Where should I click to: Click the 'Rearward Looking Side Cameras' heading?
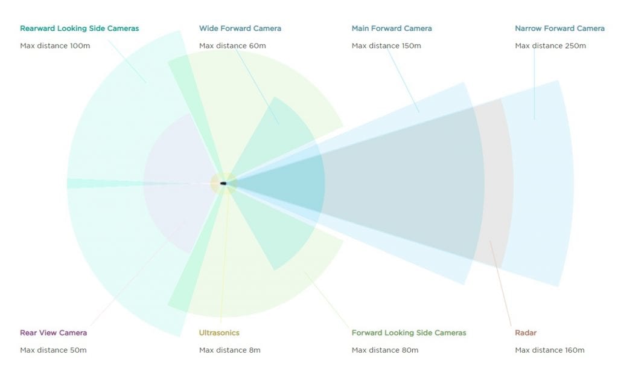[79, 28]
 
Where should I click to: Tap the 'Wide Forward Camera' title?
[240, 28]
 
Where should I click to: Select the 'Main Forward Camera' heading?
[392, 28]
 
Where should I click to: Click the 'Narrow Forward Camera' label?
[559, 28]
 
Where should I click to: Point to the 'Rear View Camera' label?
[54, 332]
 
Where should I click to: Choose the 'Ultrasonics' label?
[219, 332]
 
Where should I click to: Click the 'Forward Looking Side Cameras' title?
[409, 332]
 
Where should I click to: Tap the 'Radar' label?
[526, 332]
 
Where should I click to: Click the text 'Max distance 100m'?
[55, 46]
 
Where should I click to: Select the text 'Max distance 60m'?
[232, 46]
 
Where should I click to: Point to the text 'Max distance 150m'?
[386, 46]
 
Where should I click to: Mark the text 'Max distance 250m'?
[550, 46]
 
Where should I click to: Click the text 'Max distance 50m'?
[53, 350]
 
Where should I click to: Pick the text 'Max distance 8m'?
[230, 350]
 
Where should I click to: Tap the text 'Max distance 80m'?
[385, 350]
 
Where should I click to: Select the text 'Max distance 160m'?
[550, 350]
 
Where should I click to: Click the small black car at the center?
[223, 184]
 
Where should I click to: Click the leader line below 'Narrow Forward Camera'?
[535, 83]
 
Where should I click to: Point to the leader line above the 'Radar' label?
[500, 283]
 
